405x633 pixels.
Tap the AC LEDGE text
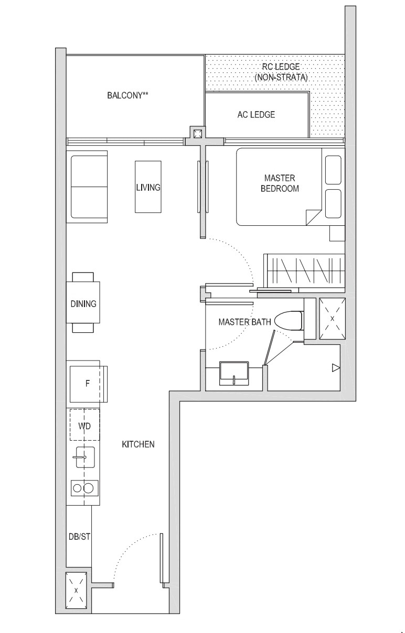tap(256, 115)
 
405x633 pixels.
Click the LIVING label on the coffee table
tap(148, 188)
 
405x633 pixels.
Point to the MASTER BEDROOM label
tap(280, 183)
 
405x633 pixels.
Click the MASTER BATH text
tap(244, 322)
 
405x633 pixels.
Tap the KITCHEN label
tap(138, 444)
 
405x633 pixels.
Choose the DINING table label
tap(83, 303)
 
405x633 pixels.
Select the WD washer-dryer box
tap(84, 425)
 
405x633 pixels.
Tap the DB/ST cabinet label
tap(79, 537)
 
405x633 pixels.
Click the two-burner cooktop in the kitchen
tap(83, 488)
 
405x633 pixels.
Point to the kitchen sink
tap(83, 457)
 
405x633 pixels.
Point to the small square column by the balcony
tap(197, 133)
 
